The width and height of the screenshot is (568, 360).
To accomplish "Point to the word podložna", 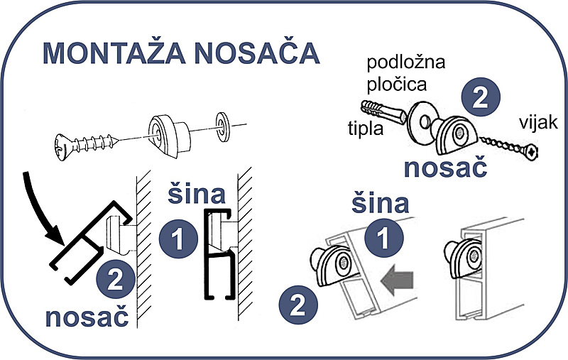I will (x=405, y=64).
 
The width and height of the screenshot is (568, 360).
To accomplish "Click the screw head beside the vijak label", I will (x=530, y=151).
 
